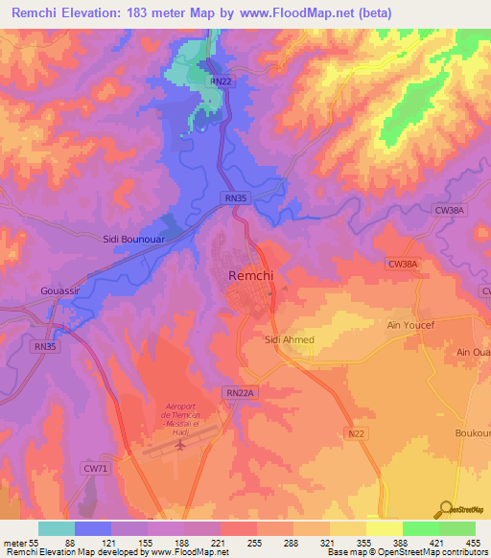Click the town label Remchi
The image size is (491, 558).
pyautogui.click(x=253, y=275)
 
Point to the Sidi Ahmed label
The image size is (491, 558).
pyautogui.click(x=289, y=339)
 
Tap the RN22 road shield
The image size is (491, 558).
pyautogui.click(x=221, y=81)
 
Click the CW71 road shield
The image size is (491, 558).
pyautogui.click(x=92, y=467)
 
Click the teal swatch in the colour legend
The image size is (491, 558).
pyautogui.click(x=56, y=528)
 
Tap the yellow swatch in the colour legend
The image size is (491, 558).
pyautogui.click(x=384, y=528)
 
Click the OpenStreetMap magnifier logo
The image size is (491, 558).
pyautogui.click(x=445, y=509)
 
